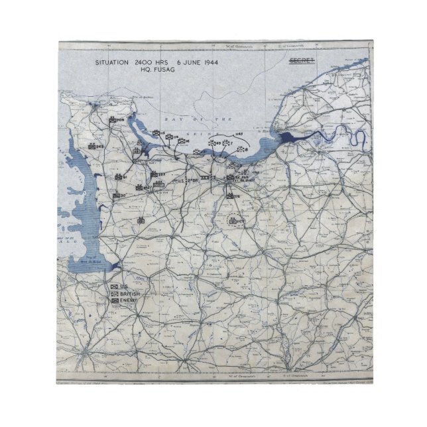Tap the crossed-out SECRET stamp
point(301,61)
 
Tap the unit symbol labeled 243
point(93,147)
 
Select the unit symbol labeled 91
point(119,178)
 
